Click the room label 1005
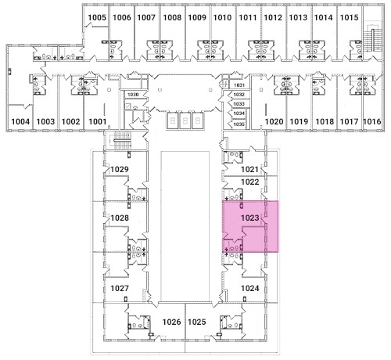[97, 17]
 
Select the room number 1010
[222, 17]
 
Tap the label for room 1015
[349, 17]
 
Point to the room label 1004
[20, 121]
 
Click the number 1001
[98, 121]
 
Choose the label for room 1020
[274, 121]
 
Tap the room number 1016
[372, 121]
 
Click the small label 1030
[133, 95]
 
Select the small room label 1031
[239, 85]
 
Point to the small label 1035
[239, 124]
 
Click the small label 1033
[239, 104]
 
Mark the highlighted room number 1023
[250, 218]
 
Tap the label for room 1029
[120, 169]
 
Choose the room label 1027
[120, 288]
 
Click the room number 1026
[172, 322]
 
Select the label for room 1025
[197, 322]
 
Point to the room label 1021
[249, 169]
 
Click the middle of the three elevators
[185, 121]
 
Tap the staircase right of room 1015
[373, 38]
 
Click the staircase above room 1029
[124, 140]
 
